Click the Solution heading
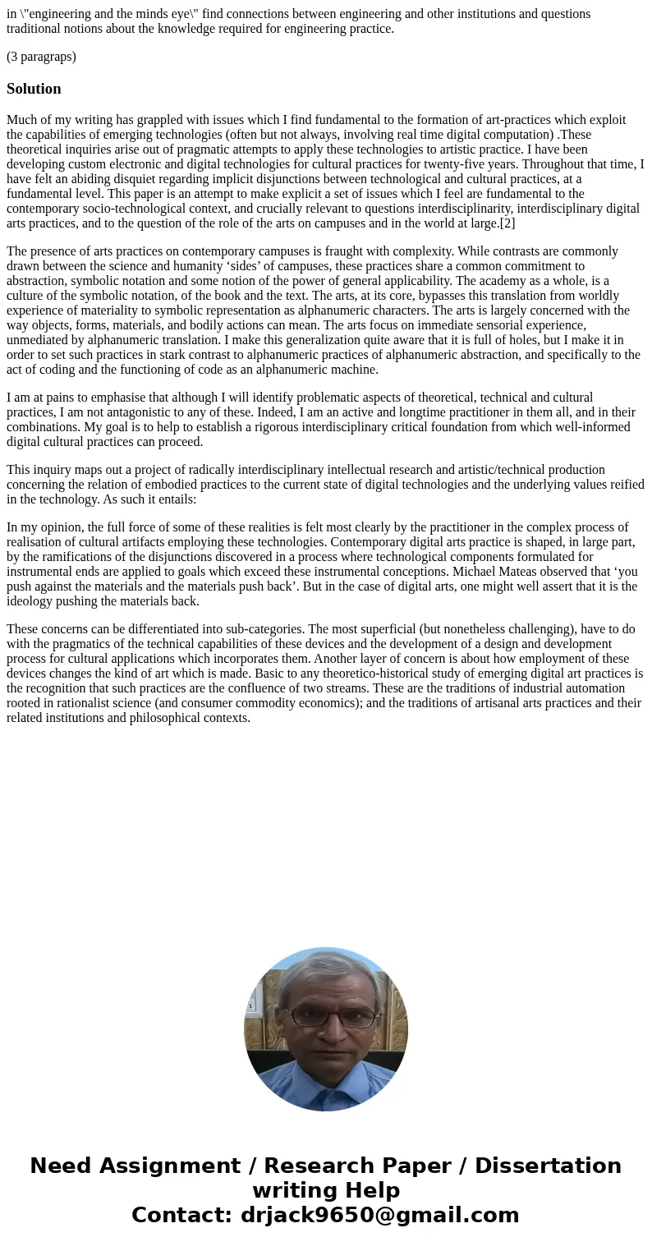coord(34,89)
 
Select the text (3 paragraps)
coord(41,57)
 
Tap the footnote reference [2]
coord(507,223)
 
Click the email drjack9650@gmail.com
coord(379,1215)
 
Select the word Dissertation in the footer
coord(548,1166)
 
